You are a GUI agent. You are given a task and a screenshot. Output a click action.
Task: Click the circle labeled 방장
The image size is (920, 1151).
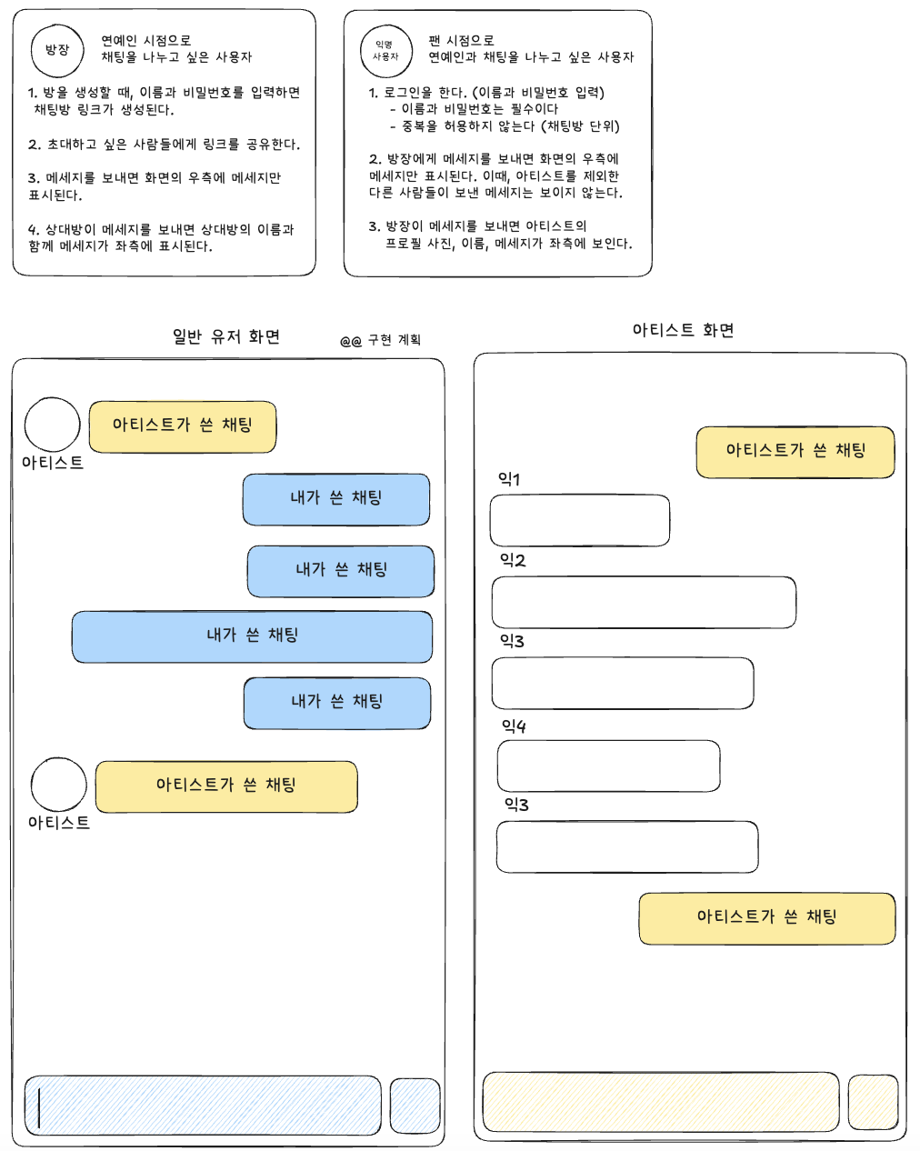[x=57, y=50]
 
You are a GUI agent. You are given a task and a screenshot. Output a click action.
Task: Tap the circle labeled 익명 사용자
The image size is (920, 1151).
[x=386, y=50]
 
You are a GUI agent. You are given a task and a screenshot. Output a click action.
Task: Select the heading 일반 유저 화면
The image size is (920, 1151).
[x=226, y=336]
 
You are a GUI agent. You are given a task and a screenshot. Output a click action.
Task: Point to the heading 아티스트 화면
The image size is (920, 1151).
[x=683, y=330]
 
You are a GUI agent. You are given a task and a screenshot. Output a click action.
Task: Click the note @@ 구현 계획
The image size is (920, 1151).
[x=381, y=340]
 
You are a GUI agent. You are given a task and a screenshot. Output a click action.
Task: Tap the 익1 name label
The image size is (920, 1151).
[x=509, y=479]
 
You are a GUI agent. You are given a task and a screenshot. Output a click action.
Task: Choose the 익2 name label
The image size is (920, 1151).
[x=513, y=560]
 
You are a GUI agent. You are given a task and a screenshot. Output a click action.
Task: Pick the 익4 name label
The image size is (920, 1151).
[x=514, y=726]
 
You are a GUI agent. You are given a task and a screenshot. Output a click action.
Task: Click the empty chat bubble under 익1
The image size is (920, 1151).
[x=580, y=520]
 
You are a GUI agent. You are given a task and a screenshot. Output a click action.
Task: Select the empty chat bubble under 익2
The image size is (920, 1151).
[x=644, y=602]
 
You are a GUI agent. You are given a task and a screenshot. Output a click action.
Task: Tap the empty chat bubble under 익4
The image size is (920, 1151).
[x=608, y=766]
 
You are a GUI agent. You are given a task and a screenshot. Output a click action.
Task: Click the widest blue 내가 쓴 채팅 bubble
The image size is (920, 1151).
[x=252, y=636]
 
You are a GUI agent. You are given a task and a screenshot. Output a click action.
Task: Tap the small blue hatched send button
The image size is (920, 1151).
[x=415, y=1106]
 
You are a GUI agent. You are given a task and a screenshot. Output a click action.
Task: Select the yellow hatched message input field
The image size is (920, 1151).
[x=660, y=1101]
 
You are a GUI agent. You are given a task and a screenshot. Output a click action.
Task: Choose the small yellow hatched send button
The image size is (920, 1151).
[x=873, y=1101]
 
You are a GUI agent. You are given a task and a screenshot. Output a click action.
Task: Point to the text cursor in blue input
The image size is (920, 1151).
[x=40, y=1106]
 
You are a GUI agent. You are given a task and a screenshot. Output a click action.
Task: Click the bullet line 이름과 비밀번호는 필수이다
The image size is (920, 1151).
[x=479, y=109]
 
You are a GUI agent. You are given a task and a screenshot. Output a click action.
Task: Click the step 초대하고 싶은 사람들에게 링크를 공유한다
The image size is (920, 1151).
[x=164, y=145]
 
